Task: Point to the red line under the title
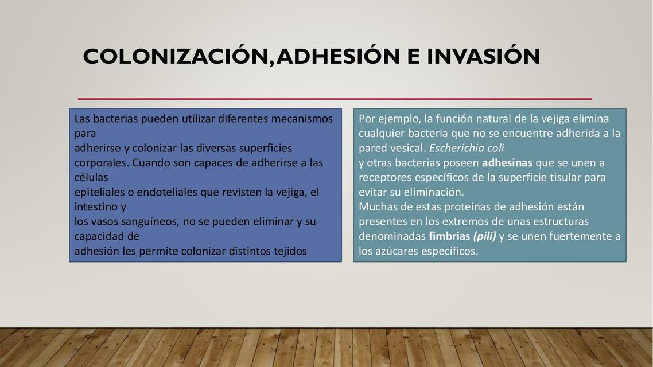click(335, 99)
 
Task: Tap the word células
click(91, 178)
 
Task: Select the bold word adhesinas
click(507, 163)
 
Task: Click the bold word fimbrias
click(449, 236)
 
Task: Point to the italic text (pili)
click(484, 236)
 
